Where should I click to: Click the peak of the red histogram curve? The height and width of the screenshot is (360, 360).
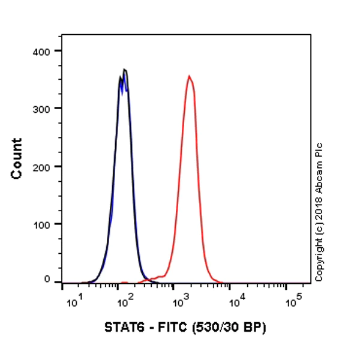(x=189, y=76)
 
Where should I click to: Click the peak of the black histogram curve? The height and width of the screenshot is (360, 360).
(x=125, y=70)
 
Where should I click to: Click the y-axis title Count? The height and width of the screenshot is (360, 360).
(x=17, y=158)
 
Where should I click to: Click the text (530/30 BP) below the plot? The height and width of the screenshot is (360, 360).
(x=226, y=328)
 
